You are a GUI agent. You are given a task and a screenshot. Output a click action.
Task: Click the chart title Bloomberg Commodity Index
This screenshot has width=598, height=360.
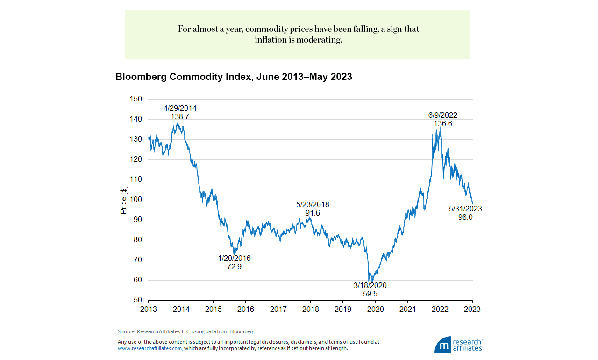[234, 77]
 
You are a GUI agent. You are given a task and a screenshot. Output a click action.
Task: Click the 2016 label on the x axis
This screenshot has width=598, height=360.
[246, 310]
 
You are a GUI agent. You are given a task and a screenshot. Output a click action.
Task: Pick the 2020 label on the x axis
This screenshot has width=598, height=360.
[376, 310]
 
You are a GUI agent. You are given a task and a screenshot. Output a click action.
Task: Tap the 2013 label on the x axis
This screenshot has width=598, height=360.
[149, 310]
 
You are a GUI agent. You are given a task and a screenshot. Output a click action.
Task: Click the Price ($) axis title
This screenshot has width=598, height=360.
[124, 200]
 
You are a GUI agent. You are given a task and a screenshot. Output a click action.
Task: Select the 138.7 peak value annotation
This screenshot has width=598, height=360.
[180, 116]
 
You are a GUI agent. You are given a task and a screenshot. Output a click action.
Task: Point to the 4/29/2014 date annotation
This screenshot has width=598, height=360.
[180, 108]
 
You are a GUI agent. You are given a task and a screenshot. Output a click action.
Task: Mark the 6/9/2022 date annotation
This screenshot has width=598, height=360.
[442, 115]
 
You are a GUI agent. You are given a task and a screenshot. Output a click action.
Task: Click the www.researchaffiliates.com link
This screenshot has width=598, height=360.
[149, 349]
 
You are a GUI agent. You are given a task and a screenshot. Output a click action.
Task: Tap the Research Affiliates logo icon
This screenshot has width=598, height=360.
[442, 345]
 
